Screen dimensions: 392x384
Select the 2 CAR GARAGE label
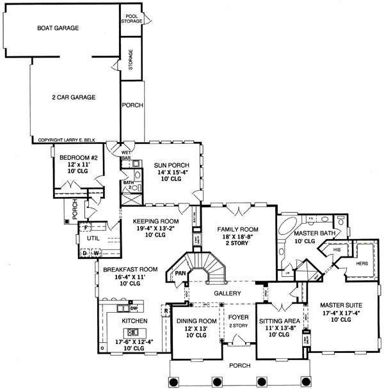point(74,97)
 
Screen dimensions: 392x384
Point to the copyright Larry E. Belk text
point(71,139)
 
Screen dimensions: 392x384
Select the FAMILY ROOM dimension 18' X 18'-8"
point(237,237)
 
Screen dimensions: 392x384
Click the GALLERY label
point(227,293)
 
